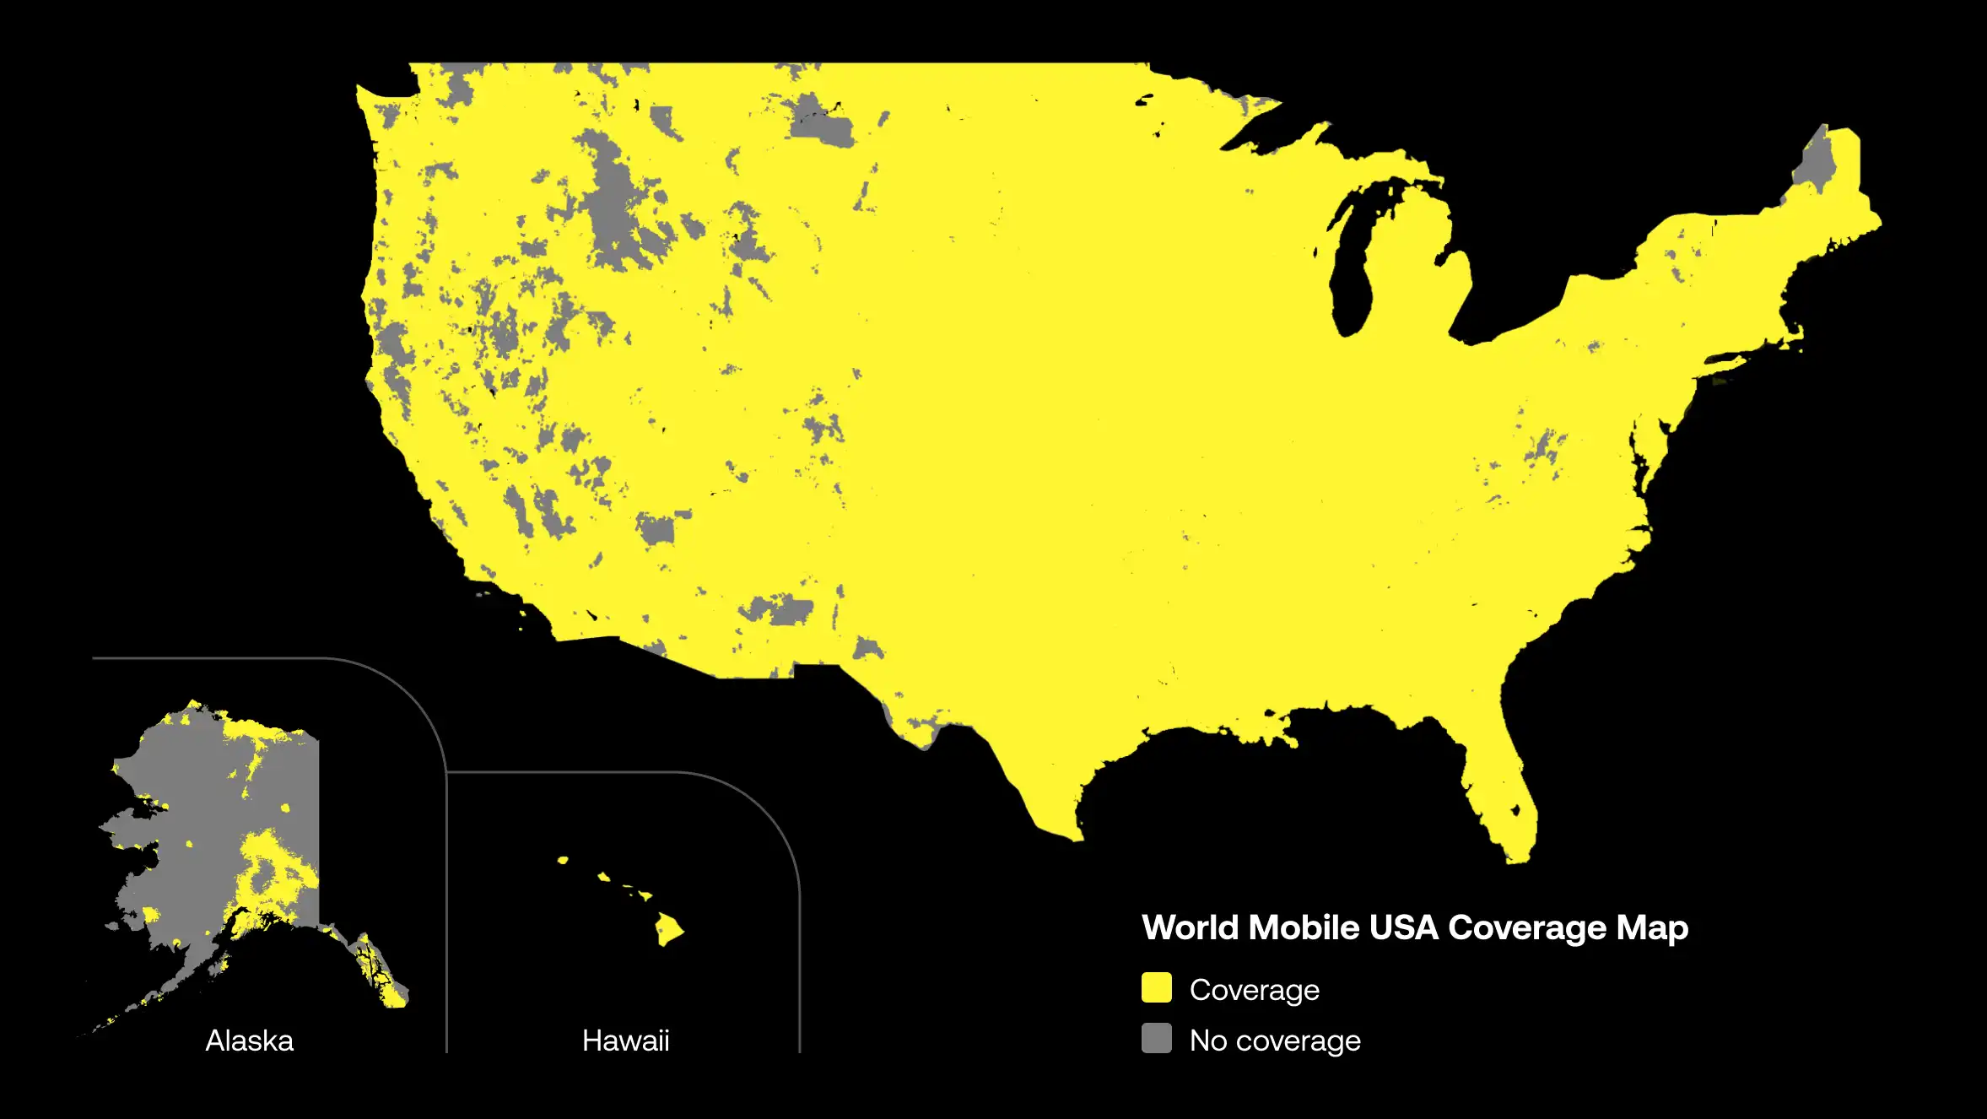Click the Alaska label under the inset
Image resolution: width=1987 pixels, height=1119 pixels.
tap(249, 1041)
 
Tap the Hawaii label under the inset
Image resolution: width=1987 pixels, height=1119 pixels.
tap(625, 1041)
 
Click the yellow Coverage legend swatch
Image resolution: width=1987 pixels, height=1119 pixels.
tap(1156, 987)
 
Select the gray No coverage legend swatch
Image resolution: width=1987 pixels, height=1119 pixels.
tap(1156, 1038)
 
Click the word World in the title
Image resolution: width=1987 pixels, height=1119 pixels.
tap(1190, 927)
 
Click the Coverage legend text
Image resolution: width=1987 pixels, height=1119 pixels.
tap(1254, 990)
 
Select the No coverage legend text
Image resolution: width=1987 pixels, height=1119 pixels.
tap(1275, 1041)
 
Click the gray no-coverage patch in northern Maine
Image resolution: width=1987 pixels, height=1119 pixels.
tap(1814, 165)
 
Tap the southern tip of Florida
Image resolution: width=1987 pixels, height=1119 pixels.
tap(1516, 857)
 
